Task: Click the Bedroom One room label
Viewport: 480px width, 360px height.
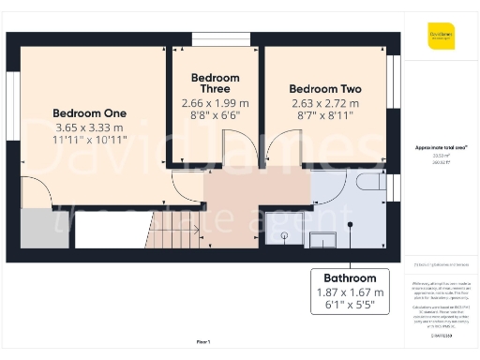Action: [x=89, y=112]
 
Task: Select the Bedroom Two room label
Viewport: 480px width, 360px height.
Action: [x=323, y=89]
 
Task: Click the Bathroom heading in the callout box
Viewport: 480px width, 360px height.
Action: [x=350, y=278]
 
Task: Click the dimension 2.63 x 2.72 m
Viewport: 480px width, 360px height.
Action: [x=323, y=103]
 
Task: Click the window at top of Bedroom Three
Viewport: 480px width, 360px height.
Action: [x=215, y=38]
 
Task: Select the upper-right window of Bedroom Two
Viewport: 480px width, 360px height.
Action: [x=394, y=85]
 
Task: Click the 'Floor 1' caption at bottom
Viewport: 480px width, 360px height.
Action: [x=202, y=341]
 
